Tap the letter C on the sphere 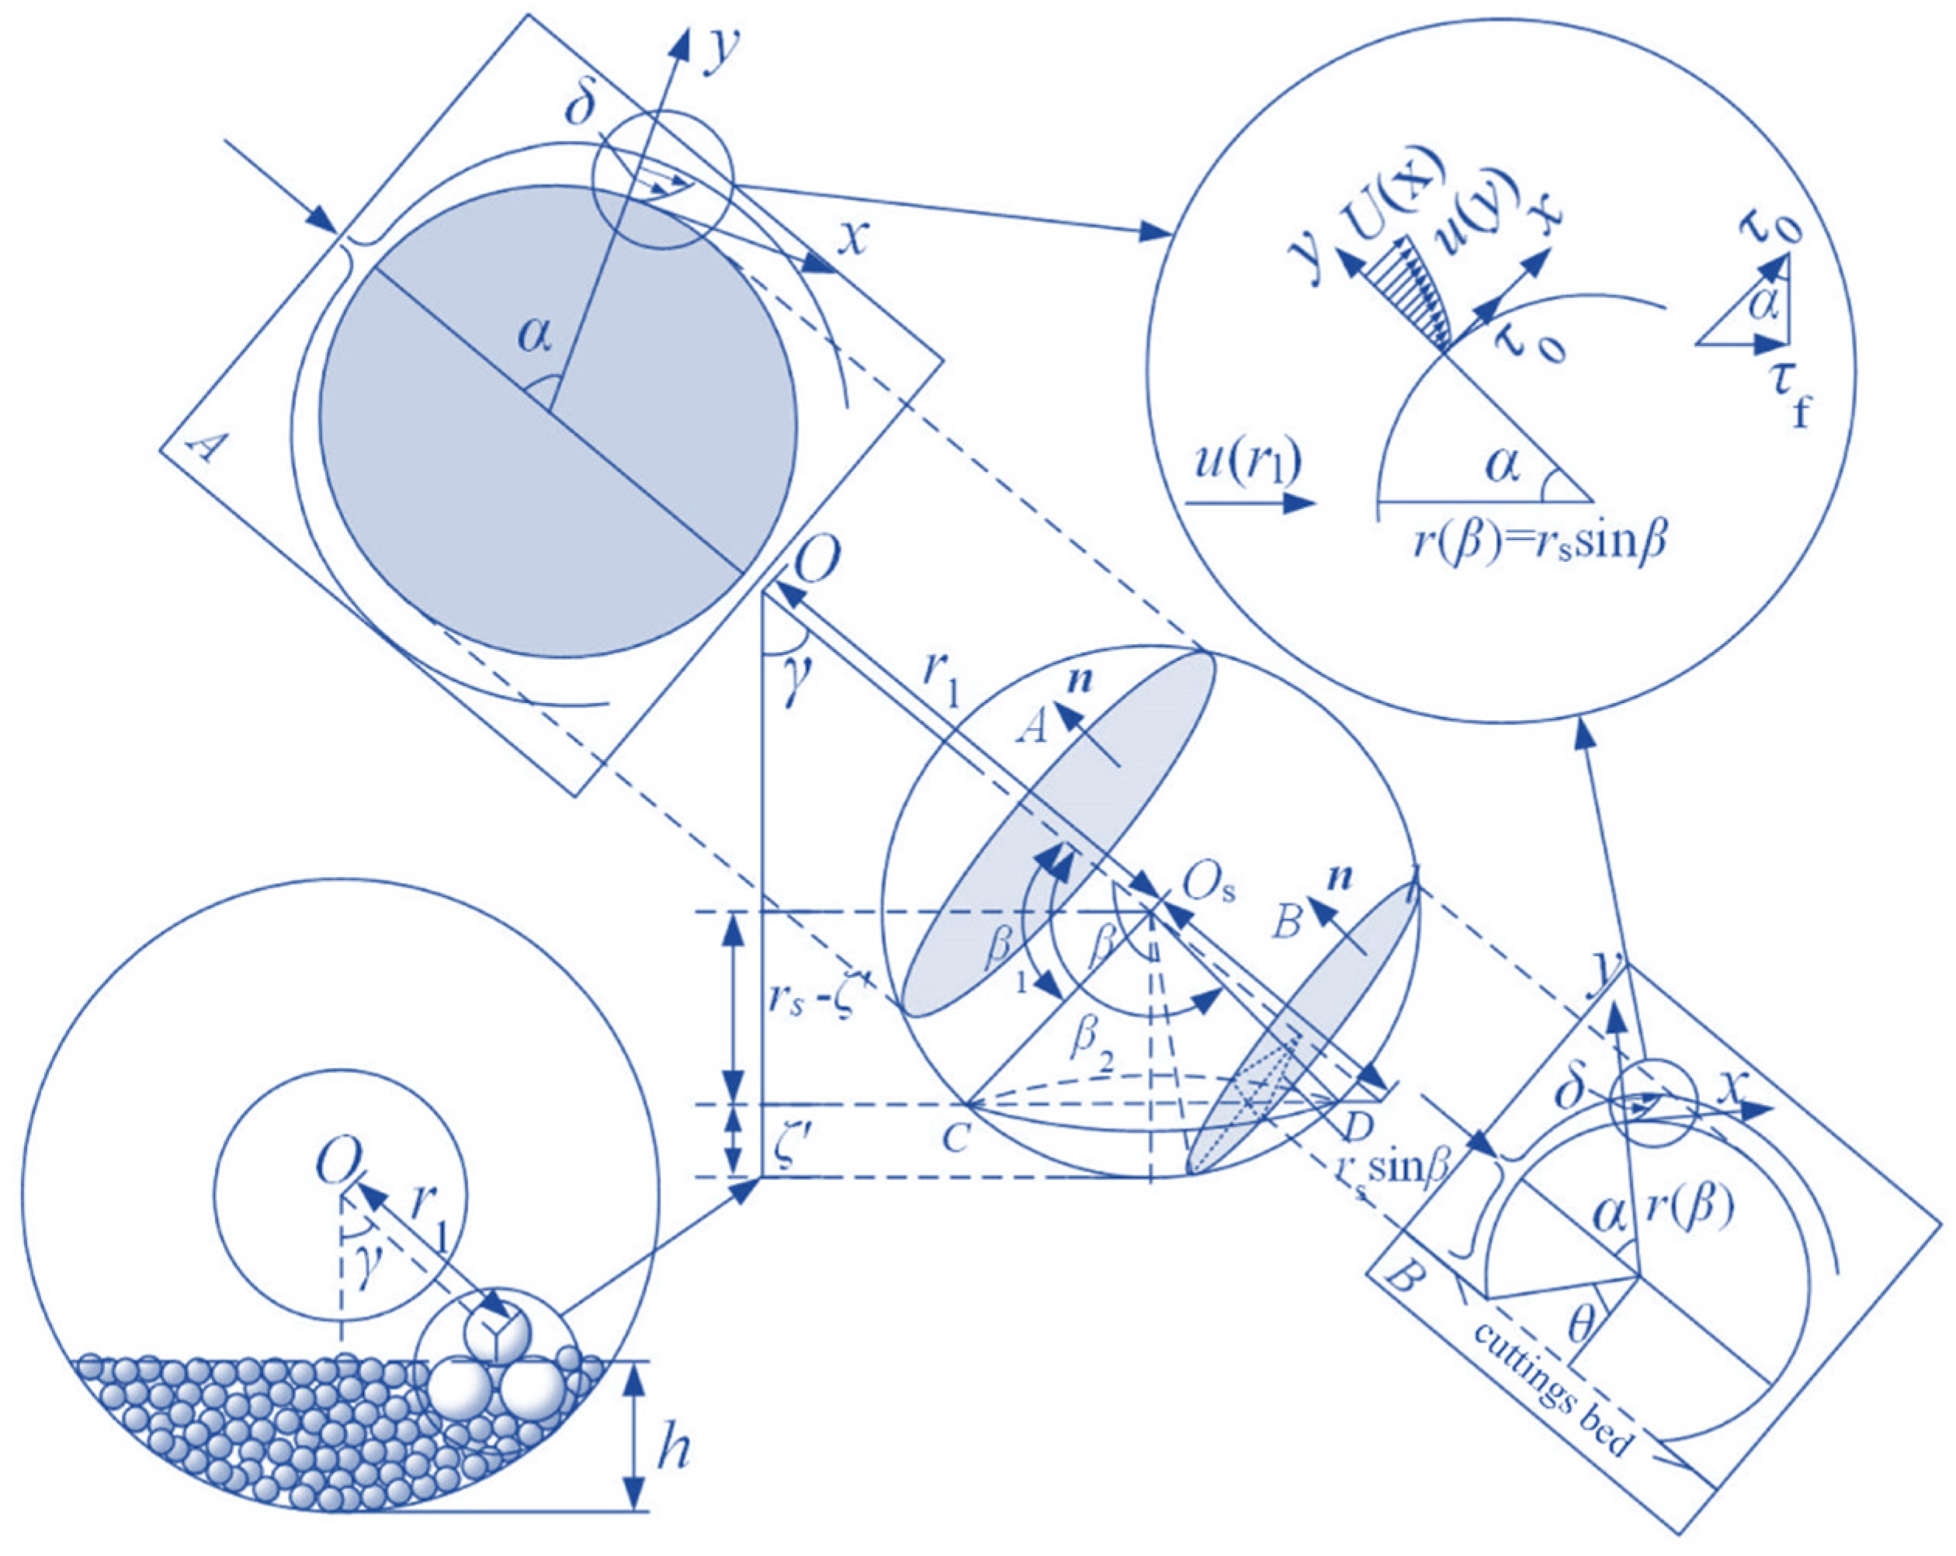(x=955, y=1137)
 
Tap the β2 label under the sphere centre (x=1090, y=1043)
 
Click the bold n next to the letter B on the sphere (x=1339, y=878)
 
